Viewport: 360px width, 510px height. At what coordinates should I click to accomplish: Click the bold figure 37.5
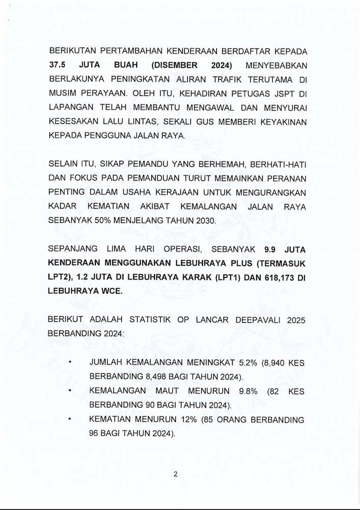58,66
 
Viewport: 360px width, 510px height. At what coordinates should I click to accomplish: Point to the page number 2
175,474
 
